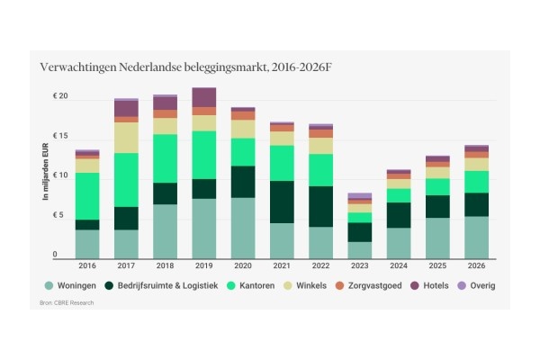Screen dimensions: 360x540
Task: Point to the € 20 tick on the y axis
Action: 60,97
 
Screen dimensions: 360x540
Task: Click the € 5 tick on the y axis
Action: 60,215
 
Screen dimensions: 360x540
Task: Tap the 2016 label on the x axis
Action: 87,267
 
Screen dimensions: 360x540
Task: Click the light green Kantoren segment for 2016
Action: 87,195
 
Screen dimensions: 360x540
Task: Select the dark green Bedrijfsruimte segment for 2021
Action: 283,202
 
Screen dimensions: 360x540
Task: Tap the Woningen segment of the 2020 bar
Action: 243,229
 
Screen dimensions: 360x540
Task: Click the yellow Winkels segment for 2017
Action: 126,138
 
